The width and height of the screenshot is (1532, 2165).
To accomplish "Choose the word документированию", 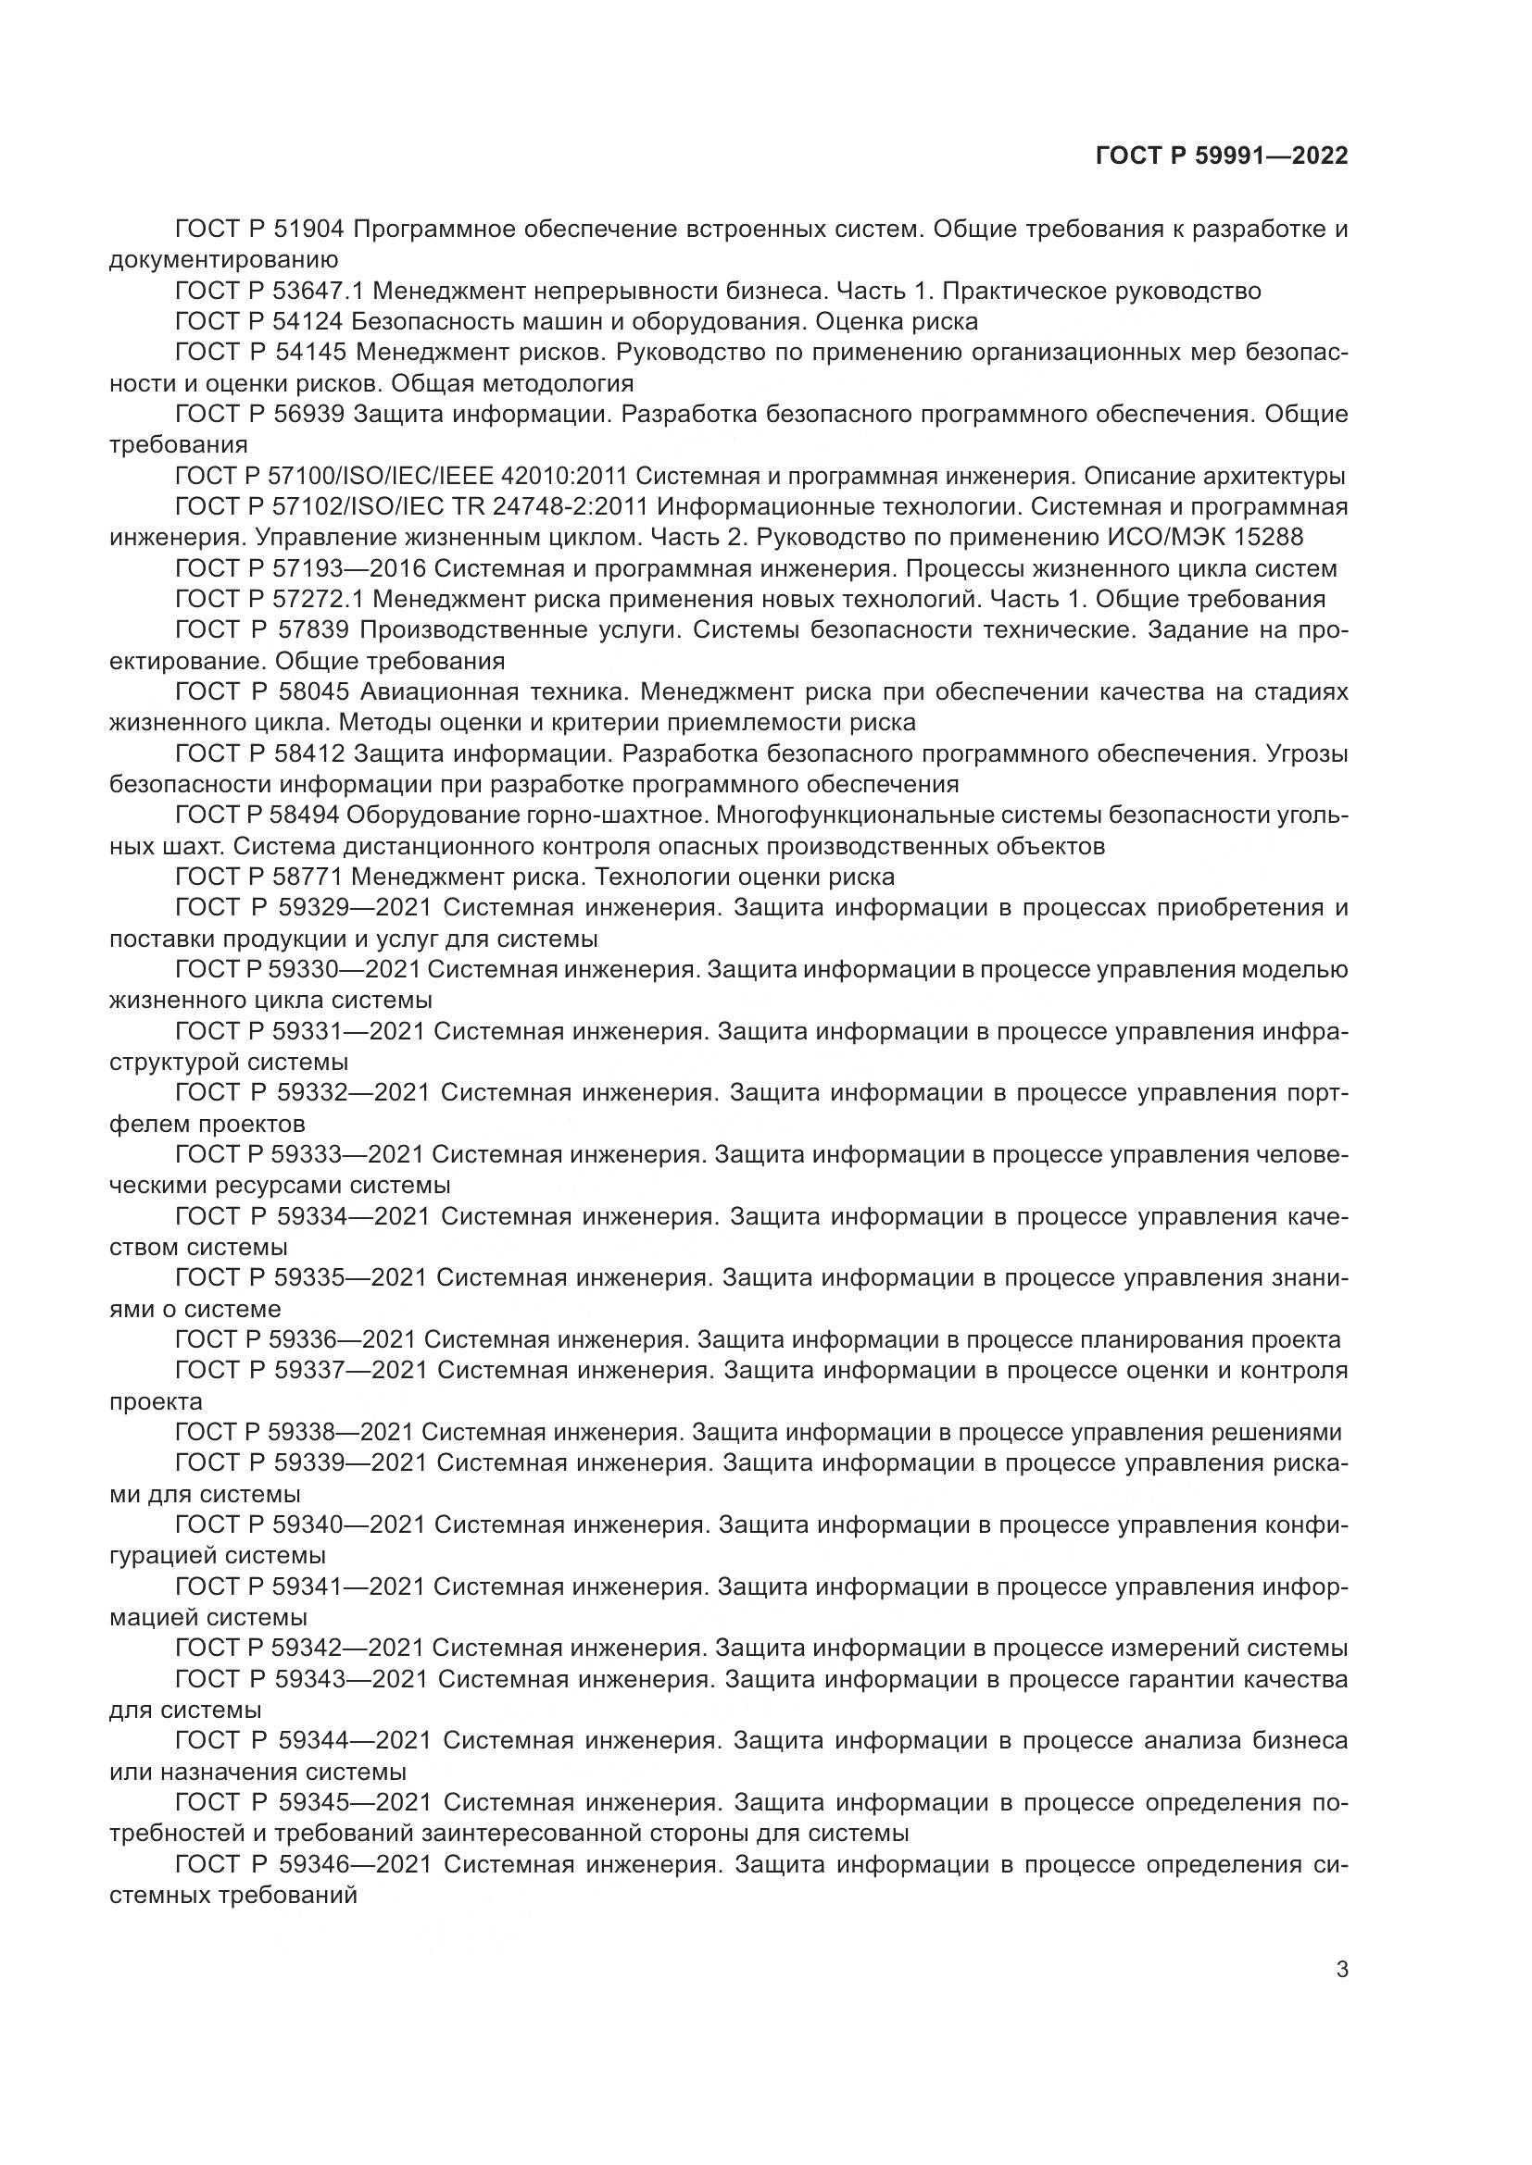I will pos(224,259).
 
